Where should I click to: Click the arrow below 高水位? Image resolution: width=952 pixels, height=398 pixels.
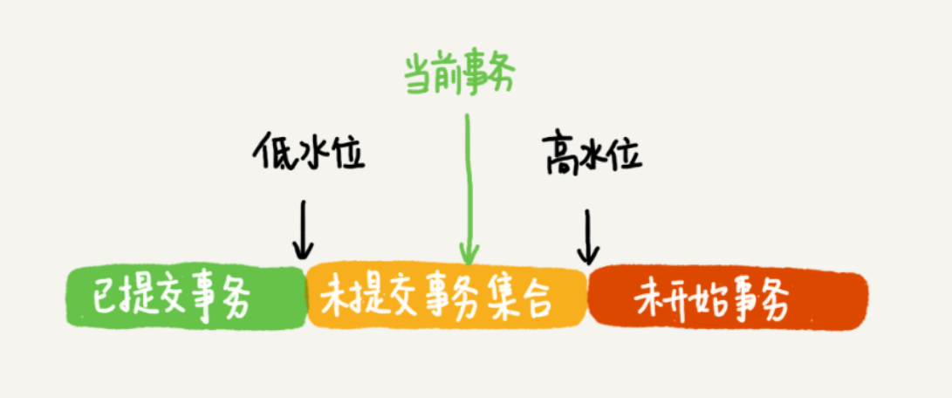click(x=588, y=237)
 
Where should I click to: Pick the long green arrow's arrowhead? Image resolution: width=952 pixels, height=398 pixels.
click(x=469, y=254)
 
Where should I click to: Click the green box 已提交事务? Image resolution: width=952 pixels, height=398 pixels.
click(x=186, y=298)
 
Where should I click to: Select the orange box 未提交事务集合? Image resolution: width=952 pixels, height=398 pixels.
click(x=448, y=298)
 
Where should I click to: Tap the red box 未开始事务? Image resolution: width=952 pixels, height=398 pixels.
click(x=728, y=298)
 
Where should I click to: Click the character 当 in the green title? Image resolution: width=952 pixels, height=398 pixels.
click(x=419, y=77)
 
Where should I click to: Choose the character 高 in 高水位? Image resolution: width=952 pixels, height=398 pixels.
click(x=558, y=154)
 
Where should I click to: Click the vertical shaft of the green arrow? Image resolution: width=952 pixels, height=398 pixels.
click(x=469, y=182)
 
